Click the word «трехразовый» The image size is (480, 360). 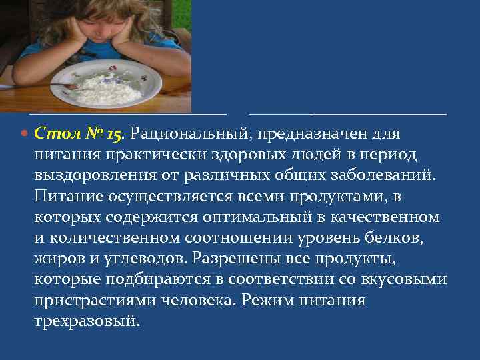(87, 321)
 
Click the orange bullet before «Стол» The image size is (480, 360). (25, 134)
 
